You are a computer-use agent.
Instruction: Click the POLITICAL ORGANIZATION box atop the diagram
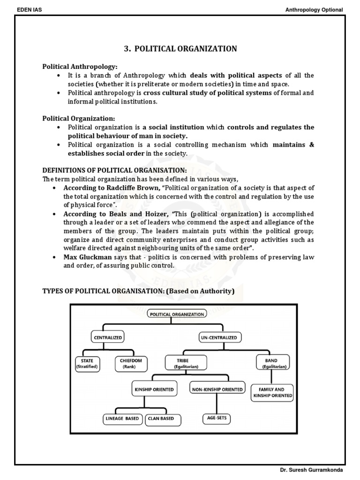pos(177,314)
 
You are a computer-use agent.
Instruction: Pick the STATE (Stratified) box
pos(87,363)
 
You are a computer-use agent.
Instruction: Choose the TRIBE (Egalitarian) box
pos(177,363)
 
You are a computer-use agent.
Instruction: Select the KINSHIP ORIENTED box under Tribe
pos(153,389)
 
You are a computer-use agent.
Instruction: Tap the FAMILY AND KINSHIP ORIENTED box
pos(272,392)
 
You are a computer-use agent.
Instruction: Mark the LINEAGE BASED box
pos(122,418)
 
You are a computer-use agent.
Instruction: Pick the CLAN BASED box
pos(163,418)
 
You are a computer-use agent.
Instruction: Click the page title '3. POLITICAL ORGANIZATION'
pos(180,49)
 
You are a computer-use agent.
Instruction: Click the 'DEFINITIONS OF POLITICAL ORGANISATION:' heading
pos(115,171)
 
